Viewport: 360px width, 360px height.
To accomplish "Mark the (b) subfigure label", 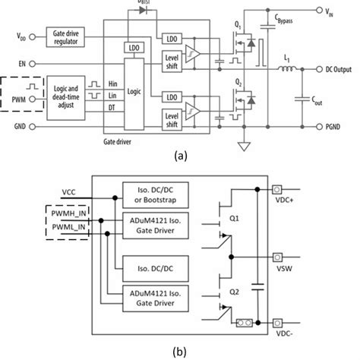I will click(x=179, y=350).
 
